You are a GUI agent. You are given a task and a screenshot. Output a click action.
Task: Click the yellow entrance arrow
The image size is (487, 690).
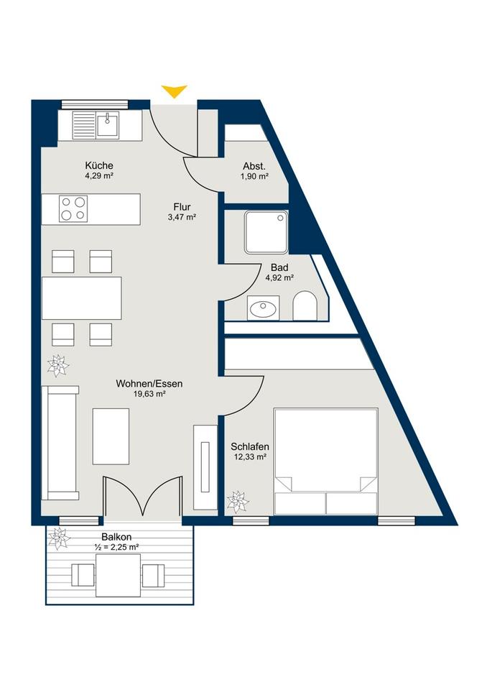tap(175, 91)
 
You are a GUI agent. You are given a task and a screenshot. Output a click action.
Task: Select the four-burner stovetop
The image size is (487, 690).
tap(73, 208)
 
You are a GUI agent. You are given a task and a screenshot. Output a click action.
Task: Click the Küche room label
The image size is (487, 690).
tap(99, 165)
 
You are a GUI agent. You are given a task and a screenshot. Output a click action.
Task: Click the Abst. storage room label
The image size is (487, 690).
tap(254, 166)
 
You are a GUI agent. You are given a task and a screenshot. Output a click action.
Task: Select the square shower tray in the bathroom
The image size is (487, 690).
tap(266, 232)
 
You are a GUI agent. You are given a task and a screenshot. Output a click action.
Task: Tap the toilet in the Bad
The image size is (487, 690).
tap(305, 305)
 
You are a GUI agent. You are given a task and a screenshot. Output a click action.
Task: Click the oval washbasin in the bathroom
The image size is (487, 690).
tap(263, 308)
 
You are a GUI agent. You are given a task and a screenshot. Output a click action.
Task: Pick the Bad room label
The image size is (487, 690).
tap(279, 267)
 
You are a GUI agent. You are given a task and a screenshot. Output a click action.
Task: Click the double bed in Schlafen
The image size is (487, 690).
tap(325, 461)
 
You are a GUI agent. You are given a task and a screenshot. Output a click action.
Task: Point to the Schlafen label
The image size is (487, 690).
tap(250, 446)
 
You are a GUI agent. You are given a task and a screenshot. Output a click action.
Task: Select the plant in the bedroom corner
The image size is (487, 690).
tap(238, 501)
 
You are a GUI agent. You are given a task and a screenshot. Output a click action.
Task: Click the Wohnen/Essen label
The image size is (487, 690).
tap(149, 384)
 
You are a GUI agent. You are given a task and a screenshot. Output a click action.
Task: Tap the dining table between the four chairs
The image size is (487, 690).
tap(81, 298)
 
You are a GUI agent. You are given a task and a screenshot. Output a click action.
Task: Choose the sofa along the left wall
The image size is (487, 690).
tap(60, 443)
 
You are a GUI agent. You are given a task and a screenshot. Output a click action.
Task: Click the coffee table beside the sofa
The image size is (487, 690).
tap(111, 436)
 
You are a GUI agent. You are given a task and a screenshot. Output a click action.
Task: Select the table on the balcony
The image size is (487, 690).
tap(119, 575)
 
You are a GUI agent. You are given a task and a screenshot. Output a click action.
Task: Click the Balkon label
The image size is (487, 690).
tap(116, 537)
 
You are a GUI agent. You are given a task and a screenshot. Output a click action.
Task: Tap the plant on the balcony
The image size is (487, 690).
tap(59, 538)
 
